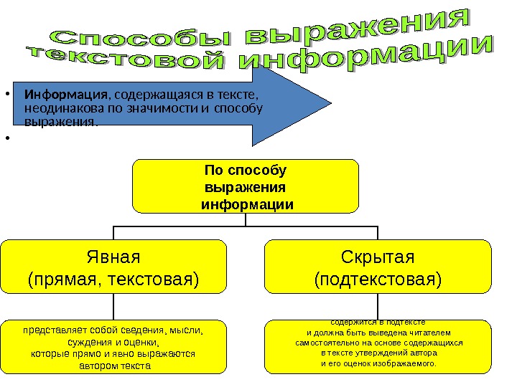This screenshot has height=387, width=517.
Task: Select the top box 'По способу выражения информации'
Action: coord(246,186)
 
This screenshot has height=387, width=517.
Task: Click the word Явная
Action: coord(113,257)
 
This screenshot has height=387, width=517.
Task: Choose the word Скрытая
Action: coord(378,257)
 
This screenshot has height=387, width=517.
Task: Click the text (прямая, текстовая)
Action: coord(113,278)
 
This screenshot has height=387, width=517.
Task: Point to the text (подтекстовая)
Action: coord(378,278)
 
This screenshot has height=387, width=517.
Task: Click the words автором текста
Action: coord(113,365)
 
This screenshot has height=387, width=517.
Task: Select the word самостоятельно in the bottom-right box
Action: coord(322,343)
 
